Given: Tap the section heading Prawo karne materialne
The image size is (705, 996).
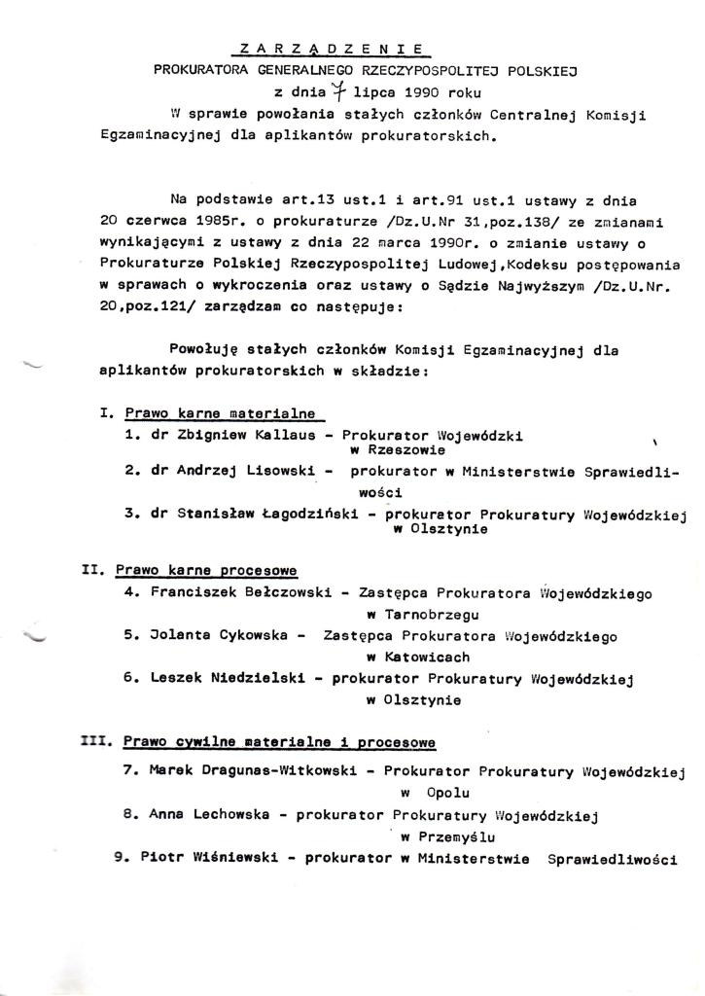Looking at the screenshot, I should (x=221, y=411).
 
